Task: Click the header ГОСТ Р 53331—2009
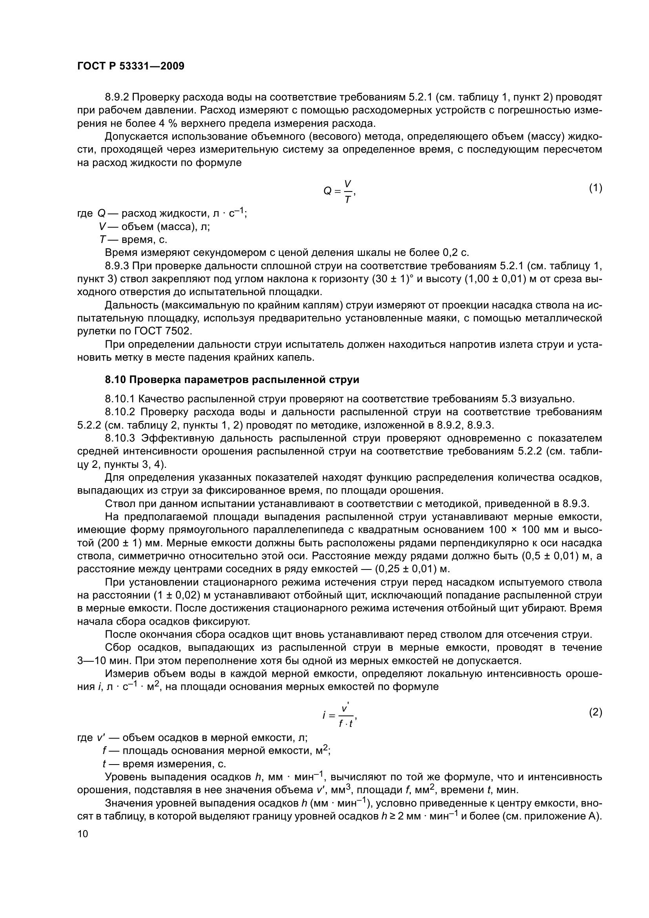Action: pyautogui.click(x=131, y=66)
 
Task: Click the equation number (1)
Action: pyautogui.click(x=596, y=188)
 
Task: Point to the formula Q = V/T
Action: pyautogui.click(x=339, y=192)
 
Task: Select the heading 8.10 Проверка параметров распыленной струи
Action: pyautogui.click(x=232, y=380)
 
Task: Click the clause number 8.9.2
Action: pyautogui.click(x=117, y=97)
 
